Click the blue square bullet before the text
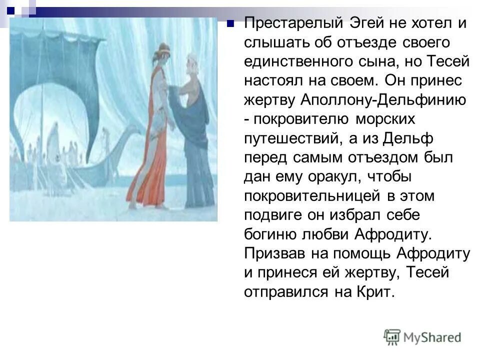coord(230,23)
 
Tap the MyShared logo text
coord(432,337)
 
